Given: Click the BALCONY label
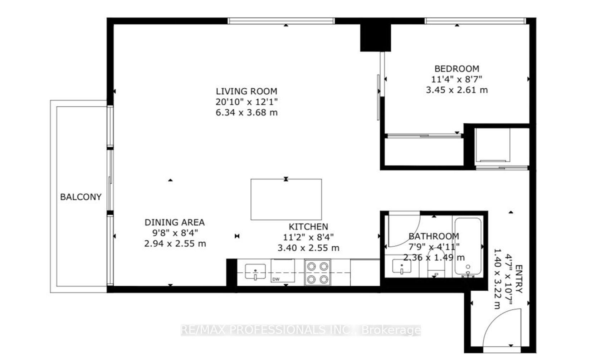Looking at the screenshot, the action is click(x=81, y=197).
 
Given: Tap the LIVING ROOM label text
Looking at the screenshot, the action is click(x=246, y=92).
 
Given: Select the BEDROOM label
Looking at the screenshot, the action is click(x=457, y=69).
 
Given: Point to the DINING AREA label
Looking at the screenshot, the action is click(x=175, y=222).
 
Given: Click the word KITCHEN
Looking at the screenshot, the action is click(x=308, y=227).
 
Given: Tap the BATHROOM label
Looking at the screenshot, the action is click(x=434, y=236).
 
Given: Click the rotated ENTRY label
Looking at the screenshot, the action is click(x=519, y=279).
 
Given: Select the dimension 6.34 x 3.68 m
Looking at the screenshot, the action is click(x=246, y=113).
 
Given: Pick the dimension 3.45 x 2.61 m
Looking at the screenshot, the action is click(x=457, y=90).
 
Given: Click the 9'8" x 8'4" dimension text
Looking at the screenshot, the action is click(x=175, y=233).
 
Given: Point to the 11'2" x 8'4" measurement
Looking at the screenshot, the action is click(x=308, y=237).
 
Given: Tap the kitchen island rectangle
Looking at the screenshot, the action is click(x=286, y=199).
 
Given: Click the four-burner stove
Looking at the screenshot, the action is click(x=318, y=273).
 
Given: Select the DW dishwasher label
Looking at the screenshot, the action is click(x=276, y=279).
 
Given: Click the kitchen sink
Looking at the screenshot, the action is click(x=255, y=272).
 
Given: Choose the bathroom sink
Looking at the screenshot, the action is click(x=402, y=266).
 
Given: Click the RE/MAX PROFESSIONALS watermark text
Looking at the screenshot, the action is click(x=301, y=330).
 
